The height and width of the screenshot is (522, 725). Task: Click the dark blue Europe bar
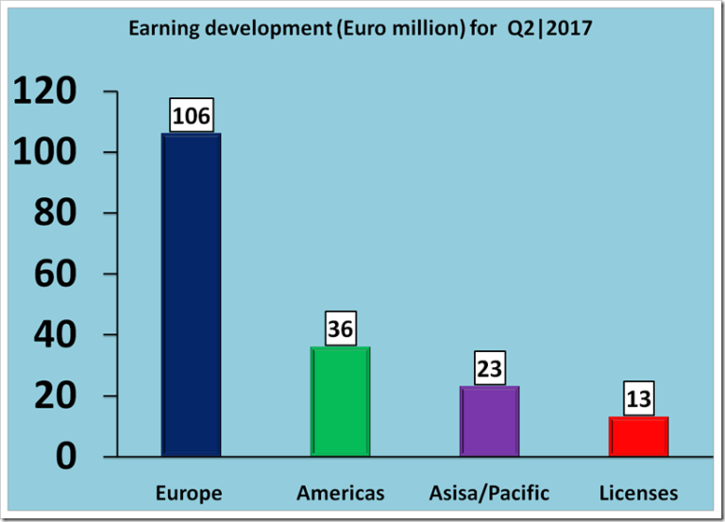(191, 295)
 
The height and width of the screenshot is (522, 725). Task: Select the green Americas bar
(340, 401)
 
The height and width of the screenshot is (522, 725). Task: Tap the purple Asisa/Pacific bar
(489, 421)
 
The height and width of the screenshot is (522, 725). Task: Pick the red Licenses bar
(638, 436)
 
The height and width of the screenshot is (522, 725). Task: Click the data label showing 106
(191, 117)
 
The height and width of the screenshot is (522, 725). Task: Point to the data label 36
(340, 329)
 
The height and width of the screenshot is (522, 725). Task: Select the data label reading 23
(489, 368)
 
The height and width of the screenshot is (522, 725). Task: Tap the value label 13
(638, 398)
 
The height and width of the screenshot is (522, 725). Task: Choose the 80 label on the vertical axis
(61, 213)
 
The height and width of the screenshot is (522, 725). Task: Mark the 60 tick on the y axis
(61, 275)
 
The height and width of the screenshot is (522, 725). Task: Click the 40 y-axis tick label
(61, 335)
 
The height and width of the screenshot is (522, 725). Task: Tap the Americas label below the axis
(340, 493)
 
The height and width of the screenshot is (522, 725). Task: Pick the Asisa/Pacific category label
(489, 493)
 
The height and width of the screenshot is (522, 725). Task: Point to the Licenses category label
(638, 493)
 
